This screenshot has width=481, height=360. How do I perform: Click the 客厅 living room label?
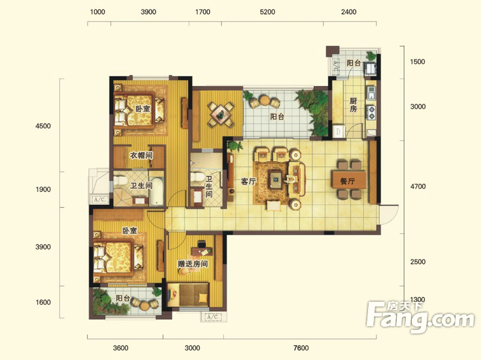[248, 182]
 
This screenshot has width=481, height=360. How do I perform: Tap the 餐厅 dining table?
[349, 180]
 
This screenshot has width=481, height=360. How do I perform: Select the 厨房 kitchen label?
[354, 105]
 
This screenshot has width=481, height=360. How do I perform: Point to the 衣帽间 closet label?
[141, 156]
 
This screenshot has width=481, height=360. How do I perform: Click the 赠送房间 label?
[192, 264]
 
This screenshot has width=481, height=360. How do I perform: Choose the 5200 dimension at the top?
[267, 12]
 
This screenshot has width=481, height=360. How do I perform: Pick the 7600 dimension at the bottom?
[301, 348]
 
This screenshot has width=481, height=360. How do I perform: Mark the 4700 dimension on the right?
[418, 186]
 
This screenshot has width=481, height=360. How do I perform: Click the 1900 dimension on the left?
[43, 189]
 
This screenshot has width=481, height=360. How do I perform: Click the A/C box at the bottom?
[213, 317]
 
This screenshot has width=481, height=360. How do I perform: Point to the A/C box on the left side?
[99, 200]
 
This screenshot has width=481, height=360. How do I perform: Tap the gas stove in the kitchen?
[371, 112]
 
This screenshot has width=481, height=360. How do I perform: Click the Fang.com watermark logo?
[420, 316]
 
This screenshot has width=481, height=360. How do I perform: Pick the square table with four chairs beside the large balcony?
[221, 115]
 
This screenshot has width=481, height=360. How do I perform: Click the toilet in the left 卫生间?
[121, 180]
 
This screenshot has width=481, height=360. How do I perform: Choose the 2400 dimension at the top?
[349, 12]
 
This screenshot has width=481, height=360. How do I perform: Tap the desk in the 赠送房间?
[202, 251]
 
